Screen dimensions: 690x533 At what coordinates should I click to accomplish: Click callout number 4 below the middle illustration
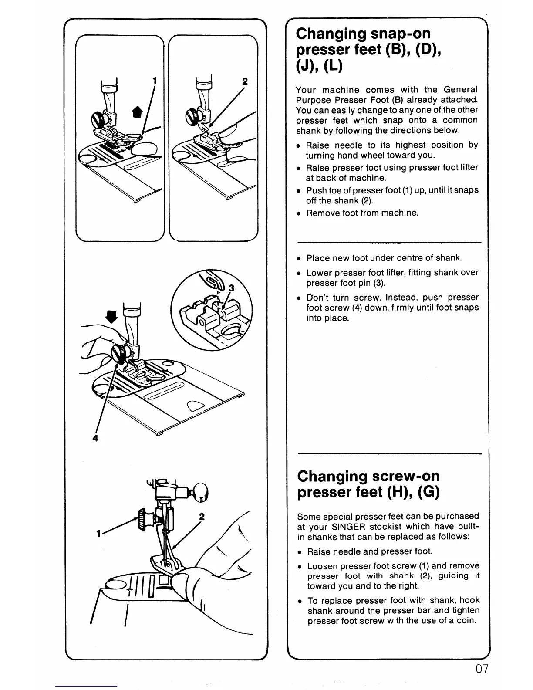(95, 438)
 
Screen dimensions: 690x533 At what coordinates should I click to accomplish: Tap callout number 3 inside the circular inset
(231, 288)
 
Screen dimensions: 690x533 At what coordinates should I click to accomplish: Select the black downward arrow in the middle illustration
(113, 316)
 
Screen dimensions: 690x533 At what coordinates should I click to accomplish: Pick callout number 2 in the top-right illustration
(244, 81)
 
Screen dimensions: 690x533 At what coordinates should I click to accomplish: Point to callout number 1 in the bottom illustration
(99, 534)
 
